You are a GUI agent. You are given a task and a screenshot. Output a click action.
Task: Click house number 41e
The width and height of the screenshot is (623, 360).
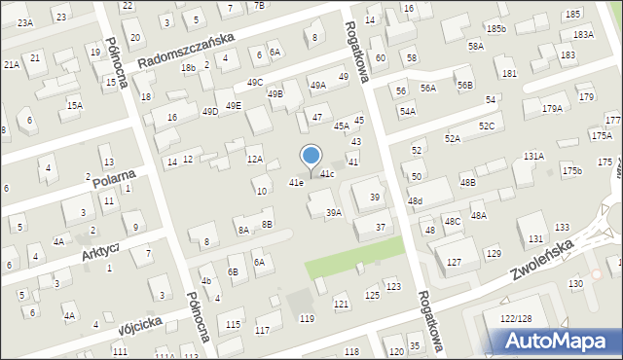coord(296,183)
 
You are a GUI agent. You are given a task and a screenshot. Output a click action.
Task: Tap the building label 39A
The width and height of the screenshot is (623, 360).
coord(334,213)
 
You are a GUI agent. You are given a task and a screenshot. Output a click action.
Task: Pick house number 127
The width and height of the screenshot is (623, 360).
coord(454,262)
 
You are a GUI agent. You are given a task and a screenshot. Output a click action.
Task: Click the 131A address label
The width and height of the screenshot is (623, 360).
coord(533,156)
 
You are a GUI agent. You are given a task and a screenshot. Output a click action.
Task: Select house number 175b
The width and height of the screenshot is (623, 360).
coord(571,171)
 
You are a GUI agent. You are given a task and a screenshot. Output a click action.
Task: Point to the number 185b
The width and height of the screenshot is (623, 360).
coord(496,29)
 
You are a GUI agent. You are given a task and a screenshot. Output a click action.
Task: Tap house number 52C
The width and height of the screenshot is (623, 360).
coord(487,126)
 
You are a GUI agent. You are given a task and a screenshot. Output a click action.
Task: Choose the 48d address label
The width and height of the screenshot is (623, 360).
coord(416,200)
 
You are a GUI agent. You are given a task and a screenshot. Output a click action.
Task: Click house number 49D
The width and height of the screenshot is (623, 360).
coord(210,112)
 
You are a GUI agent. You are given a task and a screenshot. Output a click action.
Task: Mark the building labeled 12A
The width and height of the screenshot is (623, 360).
coord(255,159)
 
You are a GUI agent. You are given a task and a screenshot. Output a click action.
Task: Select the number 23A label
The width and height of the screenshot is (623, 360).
coord(24,21)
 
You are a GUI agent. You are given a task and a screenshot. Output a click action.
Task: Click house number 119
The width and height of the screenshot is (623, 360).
coord(308,319)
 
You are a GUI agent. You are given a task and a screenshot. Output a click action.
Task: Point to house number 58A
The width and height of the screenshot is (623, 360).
coord(475,46)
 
